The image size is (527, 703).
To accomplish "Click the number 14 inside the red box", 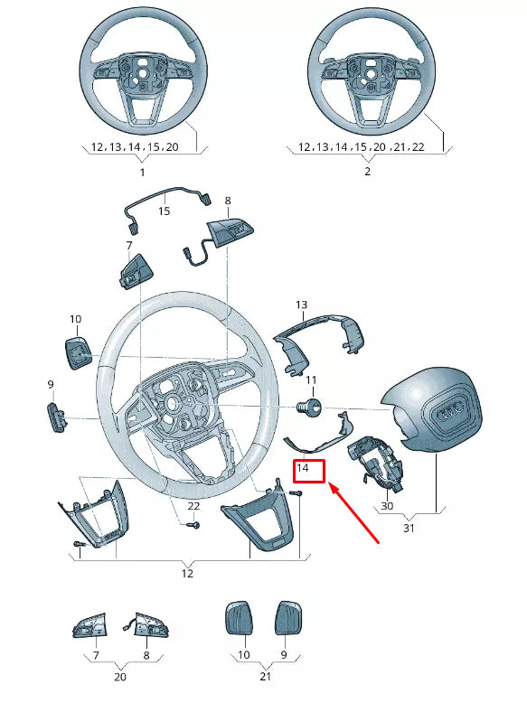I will [x=304, y=469].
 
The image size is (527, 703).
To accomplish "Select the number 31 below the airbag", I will [x=409, y=529].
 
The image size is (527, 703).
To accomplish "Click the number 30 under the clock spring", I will [x=387, y=507].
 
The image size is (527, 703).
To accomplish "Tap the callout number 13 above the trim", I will [x=301, y=305].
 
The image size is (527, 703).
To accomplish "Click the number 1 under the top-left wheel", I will [x=142, y=171].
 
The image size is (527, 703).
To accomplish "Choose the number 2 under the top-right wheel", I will [x=367, y=171].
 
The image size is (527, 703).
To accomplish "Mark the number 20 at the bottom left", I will [x=120, y=676].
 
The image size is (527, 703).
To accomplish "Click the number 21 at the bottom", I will [x=265, y=676].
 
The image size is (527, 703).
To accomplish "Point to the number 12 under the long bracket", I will [x=187, y=573].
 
